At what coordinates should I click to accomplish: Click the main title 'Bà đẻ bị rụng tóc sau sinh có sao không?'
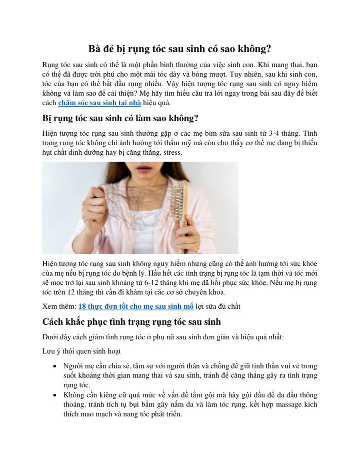180,49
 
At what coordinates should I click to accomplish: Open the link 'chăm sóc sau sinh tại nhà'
99,103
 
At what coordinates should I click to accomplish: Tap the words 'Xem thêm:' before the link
59,306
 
